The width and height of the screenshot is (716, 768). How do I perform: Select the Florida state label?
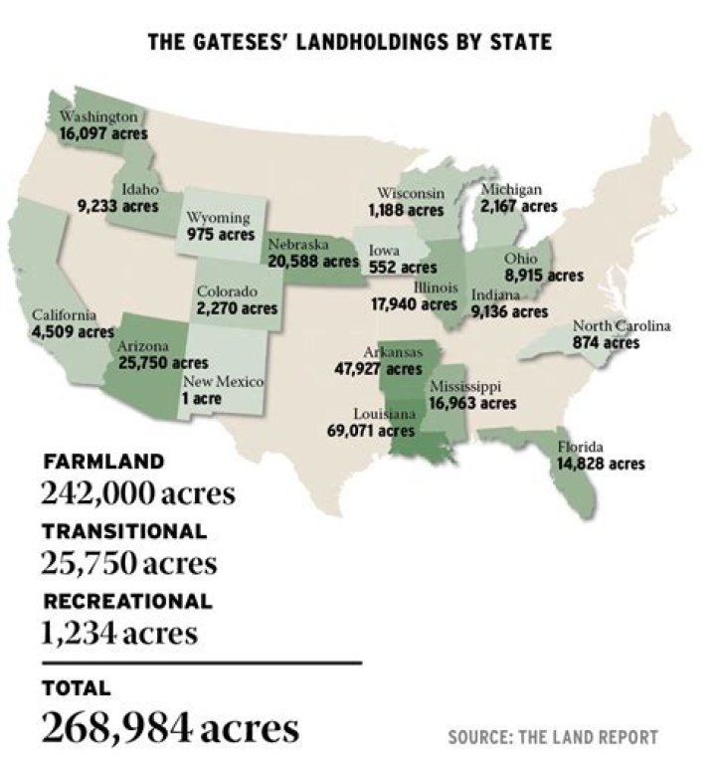coord(580,447)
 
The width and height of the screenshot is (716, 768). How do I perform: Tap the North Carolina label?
coord(621,326)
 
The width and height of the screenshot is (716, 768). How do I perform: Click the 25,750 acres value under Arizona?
coord(163,363)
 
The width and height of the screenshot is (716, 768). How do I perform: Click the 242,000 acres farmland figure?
coord(138,492)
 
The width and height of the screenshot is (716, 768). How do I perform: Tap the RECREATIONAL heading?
coord(127,601)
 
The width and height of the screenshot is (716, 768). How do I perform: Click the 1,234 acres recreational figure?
coord(118,633)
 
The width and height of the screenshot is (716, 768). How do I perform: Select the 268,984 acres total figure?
coord(170,728)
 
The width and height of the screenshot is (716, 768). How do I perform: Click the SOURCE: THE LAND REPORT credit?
coord(552,737)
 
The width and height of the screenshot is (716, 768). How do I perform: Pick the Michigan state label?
coord(510,190)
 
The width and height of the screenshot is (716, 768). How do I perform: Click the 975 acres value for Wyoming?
coord(221,235)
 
